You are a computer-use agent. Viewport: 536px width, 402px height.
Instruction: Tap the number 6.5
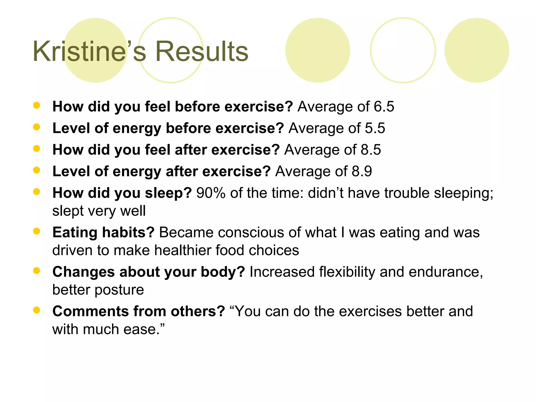pos(384,107)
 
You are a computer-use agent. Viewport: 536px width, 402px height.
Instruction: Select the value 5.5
pos(375,128)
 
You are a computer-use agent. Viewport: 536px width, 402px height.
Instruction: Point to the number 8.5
pos(371,150)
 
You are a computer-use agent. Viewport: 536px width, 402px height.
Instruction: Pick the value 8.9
pos(362,171)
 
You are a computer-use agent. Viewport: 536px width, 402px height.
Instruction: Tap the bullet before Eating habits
pos(37,231)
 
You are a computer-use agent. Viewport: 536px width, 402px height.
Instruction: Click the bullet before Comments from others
pos(37,310)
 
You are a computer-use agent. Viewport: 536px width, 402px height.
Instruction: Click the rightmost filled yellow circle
pos(477,50)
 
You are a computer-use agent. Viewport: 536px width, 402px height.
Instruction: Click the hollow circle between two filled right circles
pos(403,50)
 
